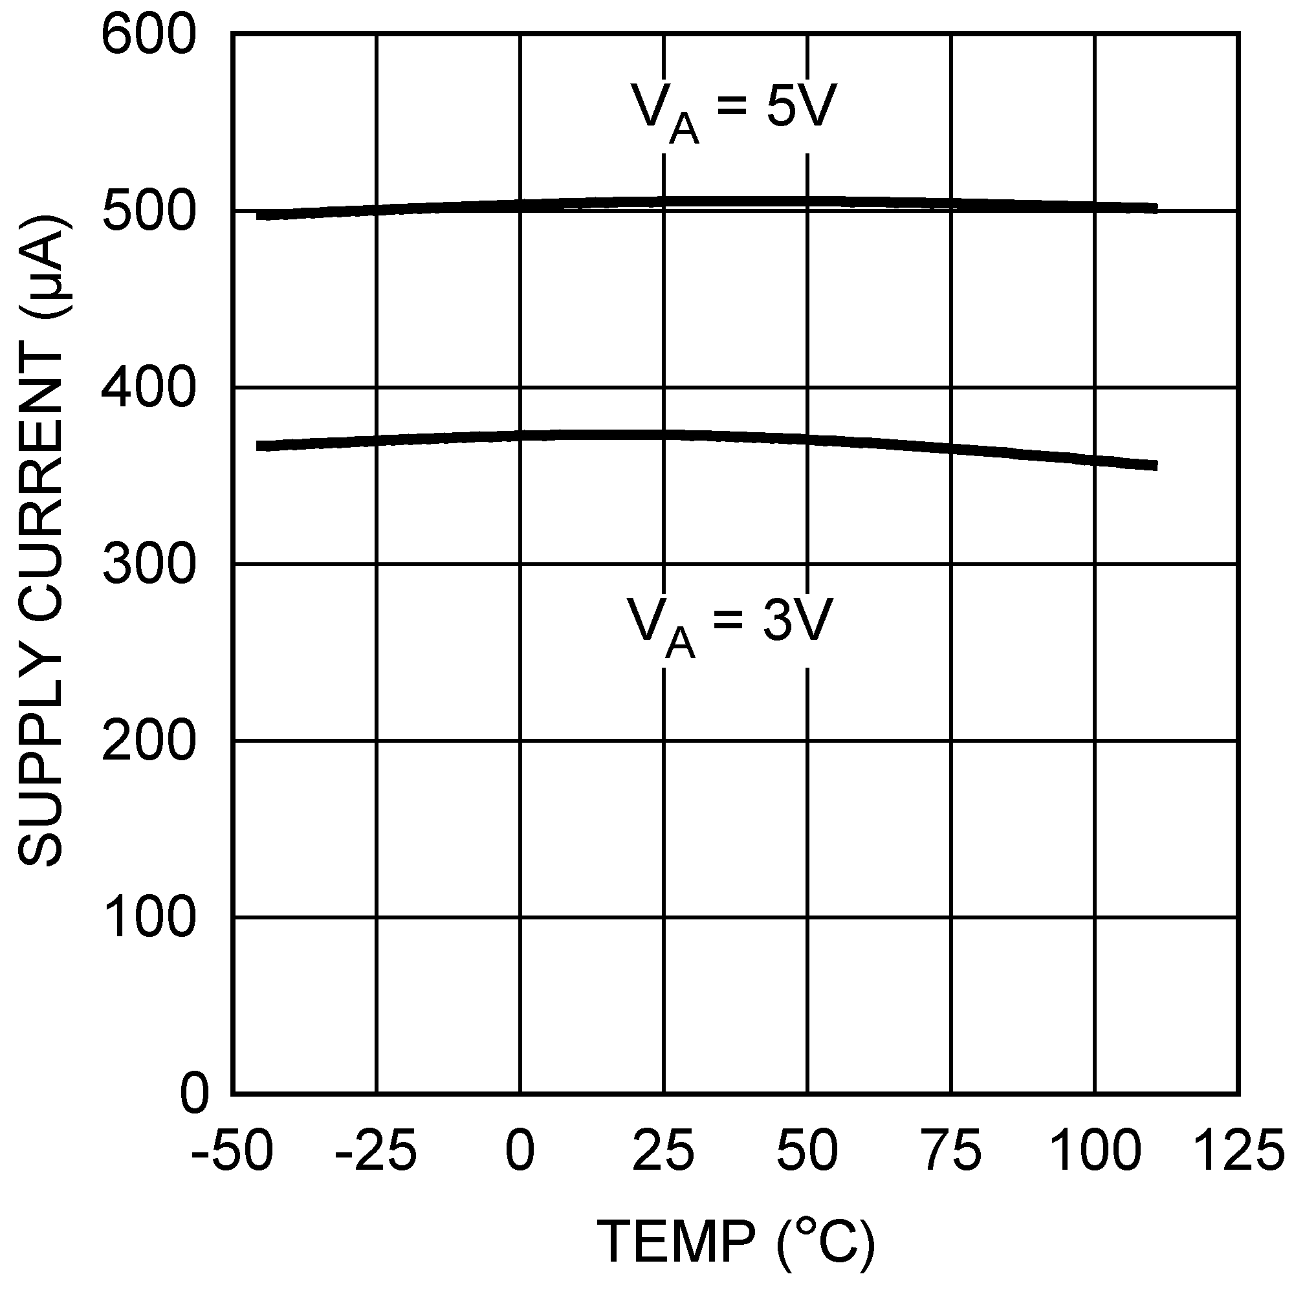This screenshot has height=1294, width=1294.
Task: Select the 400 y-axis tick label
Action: coord(148,388)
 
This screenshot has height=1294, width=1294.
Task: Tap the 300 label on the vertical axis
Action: coord(148,565)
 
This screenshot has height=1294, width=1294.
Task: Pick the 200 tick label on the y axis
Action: coord(148,741)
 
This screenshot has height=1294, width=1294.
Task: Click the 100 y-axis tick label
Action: coord(149,918)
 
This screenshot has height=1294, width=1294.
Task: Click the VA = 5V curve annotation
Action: coord(734,110)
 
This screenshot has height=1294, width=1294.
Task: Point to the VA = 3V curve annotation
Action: coord(729,624)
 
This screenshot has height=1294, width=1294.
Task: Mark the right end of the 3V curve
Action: coord(1156,465)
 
